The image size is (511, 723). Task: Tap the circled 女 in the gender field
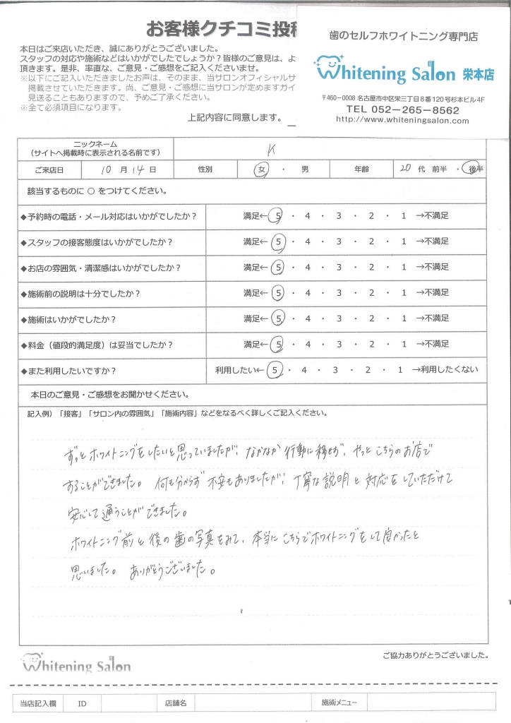(264, 170)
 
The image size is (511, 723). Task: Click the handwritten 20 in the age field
(404, 169)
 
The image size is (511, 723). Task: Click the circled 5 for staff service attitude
(279, 241)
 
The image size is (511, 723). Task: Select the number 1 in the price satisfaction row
(403, 345)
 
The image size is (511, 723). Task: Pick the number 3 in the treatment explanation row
(339, 293)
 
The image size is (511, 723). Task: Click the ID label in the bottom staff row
(83, 703)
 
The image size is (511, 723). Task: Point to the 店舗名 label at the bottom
(176, 703)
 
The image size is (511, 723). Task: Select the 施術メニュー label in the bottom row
(339, 703)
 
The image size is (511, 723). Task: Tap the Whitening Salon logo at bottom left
(76, 665)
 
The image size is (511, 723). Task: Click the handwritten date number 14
(138, 170)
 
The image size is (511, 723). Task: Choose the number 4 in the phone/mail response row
(308, 215)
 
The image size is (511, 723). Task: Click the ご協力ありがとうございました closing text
(435, 655)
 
